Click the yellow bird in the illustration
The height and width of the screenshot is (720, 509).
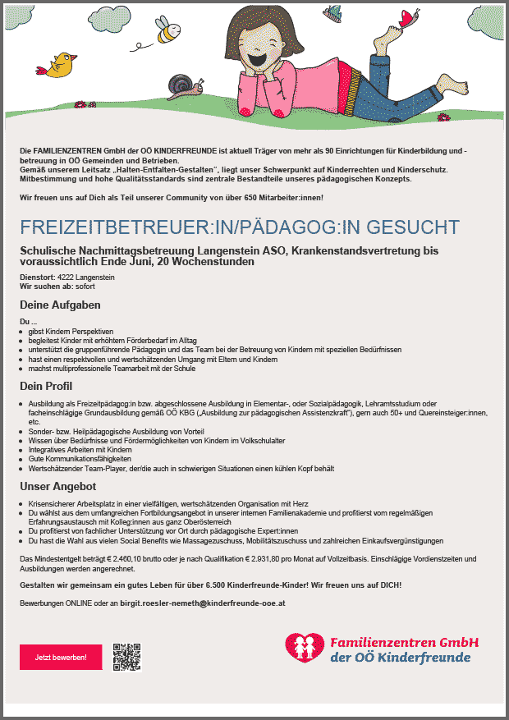61,66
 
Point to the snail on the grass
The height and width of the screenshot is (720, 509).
180,85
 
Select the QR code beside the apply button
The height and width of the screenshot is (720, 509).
127,656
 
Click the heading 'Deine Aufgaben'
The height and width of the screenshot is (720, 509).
60,305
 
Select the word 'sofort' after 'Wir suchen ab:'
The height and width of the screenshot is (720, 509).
85,287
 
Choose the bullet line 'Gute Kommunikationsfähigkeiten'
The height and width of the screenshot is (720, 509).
74,459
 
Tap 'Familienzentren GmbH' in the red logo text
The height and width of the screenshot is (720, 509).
403,641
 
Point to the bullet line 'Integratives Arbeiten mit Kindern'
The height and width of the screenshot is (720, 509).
80,450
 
